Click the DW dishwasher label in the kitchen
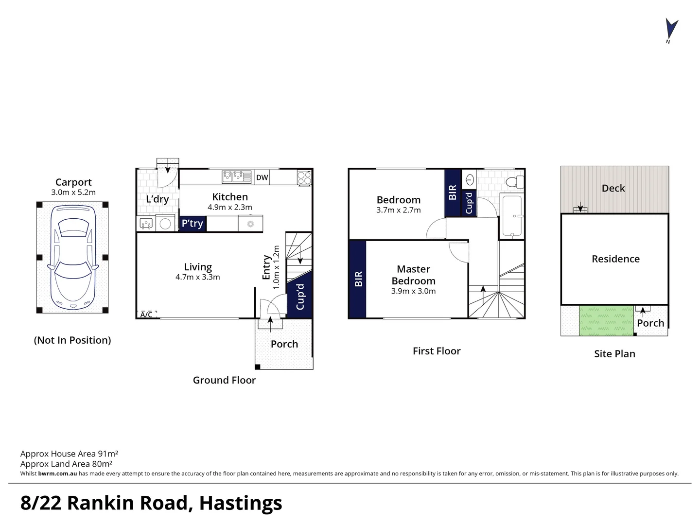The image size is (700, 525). click(x=262, y=177)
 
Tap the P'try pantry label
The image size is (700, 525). click(x=192, y=224)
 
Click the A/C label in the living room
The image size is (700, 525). click(x=146, y=315)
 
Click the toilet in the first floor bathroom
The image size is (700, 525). click(x=514, y=182)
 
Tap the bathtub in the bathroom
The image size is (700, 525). click(x=511, y=216)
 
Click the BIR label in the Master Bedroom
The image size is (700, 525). click(x=358, y=279)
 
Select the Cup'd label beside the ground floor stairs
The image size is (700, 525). click(x=300, y=297)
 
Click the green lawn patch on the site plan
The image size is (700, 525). click(x=607, y=321)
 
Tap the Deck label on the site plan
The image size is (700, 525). click(x=613, y=189)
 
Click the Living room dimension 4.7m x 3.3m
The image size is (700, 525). click(x=197, y=278)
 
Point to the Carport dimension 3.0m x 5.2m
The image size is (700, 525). click(x=73, y=192)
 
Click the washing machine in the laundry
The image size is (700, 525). click(x=166, y=224)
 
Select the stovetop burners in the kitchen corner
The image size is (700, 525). click(x=304, y=178)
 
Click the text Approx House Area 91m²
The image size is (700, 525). click(x=69, y=454)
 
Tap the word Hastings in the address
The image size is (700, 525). click(x=240, y=503)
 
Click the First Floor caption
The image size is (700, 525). click(x=436, y=351)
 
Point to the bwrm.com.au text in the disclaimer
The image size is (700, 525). click(x=57, y=473)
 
